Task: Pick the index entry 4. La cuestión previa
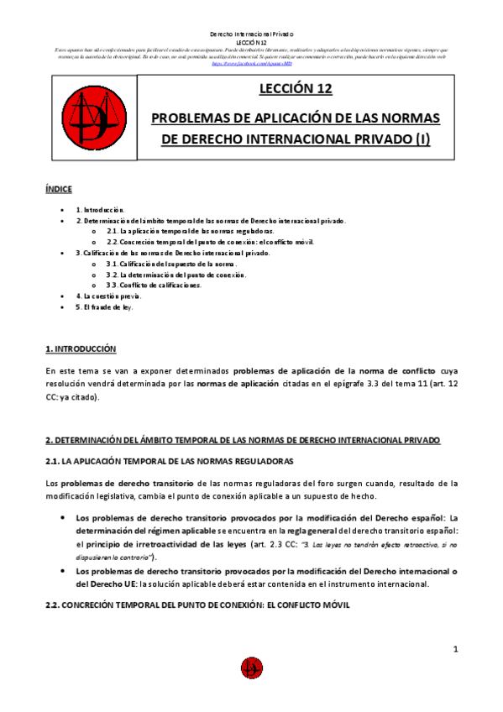[109, 296]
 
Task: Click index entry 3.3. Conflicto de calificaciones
[160, 285]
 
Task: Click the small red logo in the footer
[251, 667]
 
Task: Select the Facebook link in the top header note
[251, 63]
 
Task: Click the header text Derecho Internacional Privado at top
[251, 33]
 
